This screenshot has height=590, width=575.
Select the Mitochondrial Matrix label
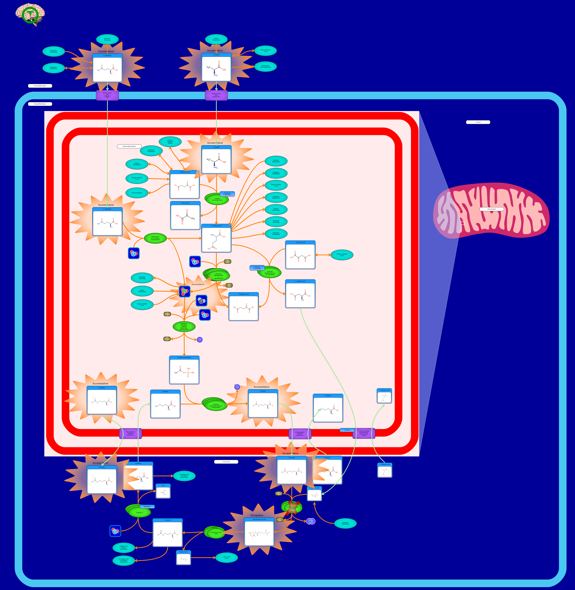click(129, 146)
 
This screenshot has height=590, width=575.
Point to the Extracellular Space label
click(40, 86)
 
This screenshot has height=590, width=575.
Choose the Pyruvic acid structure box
click(185, 216)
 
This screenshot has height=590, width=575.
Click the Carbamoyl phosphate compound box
click(184, 370)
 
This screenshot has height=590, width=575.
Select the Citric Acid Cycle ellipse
click(227, 557)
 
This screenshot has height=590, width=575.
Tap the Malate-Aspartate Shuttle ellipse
click(170, 142)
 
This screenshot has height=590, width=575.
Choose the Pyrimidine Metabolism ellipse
click(53, 51)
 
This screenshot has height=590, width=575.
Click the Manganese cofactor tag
click(147, 506)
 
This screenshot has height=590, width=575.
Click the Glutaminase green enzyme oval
click(155, 238)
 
